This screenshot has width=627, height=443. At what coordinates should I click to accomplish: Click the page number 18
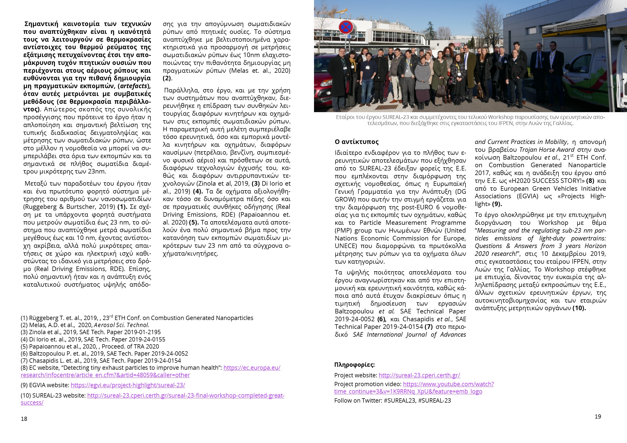pyautogui.click(x=24, y=419)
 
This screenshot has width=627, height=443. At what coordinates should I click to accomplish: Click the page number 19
pyautogui.click(x=598, y=416)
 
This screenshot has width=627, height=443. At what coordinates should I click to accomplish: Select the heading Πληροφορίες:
pyautogui.click(x=354, y=365)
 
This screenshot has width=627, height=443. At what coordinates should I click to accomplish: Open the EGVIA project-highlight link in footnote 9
pyautogui.click(x=128, y=385)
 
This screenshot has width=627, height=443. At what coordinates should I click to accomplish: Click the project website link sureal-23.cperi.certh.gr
pyautogui.click(x=419, y=375)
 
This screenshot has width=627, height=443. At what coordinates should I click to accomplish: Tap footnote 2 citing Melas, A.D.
pyautogui.click(x=85, y=325)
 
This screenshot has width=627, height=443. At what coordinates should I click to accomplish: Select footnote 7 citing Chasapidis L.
pyautogui.click(x=101, y=361)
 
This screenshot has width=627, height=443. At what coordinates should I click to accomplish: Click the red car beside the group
pyautogui.click(x=322, y=90)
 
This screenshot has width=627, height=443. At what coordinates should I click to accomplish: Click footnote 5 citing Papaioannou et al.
pyautogui.click(x=90, y=347)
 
